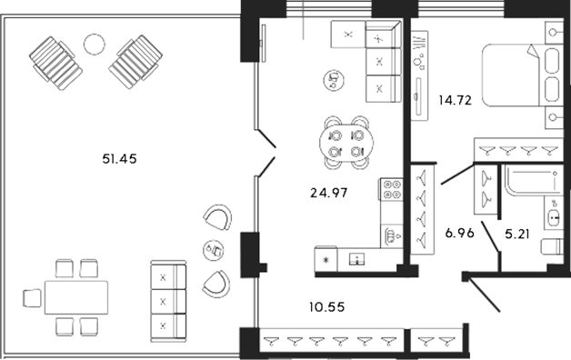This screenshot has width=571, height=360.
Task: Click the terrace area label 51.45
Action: (x=119, y=160)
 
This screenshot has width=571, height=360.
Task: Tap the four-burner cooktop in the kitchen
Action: (x=392, y=190)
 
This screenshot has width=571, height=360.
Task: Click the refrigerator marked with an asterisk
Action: (x=326, y=259)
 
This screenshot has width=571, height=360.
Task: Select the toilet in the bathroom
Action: (x=551, y=247)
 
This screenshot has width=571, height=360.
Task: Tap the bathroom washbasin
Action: (x=553, y=216)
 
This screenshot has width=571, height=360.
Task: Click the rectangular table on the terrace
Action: (x=75, y=296)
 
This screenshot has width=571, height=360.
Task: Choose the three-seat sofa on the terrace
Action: (x=166, y=299)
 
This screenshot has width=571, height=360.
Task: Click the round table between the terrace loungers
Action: (x=95, y=43)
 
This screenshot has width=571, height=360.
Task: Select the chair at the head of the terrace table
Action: (x=30, y=296)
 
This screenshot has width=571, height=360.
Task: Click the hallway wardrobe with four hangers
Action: (x=422, y=208)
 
